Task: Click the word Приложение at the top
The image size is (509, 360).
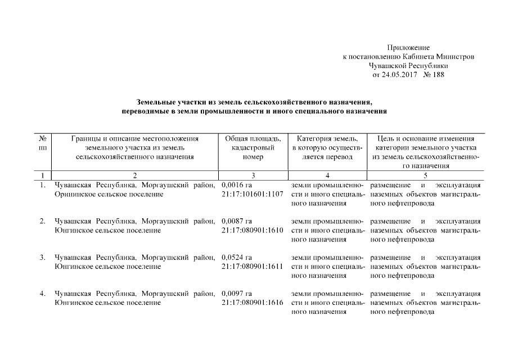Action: (x=409, y=48)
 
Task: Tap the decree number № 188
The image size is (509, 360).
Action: (x=433, y=75)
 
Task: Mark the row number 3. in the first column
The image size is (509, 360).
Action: (x=42, y=257)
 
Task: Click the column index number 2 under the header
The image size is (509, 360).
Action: (x=135, y=175)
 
